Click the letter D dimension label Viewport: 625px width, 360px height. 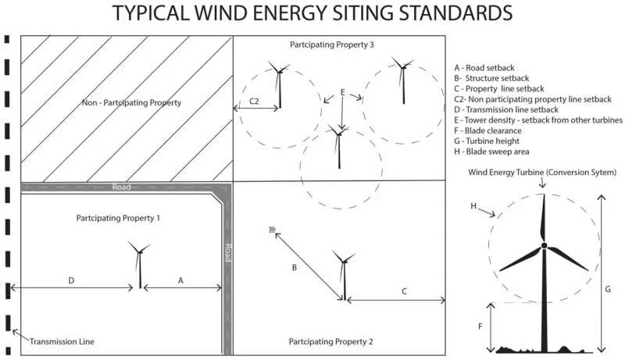coord(71,279)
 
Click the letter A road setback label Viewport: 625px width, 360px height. coord(181,279)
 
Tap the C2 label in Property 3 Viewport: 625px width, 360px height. coord(254,102)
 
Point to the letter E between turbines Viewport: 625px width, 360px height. coord(342,92)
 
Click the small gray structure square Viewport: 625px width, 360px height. coord(272,230)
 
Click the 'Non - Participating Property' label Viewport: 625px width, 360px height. coord(131,102)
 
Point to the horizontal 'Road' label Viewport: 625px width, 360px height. coord(121,187)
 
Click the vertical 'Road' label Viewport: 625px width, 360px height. coord(227,252)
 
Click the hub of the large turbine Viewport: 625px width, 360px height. coord(543,246)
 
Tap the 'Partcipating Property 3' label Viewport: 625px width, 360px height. coord(332,45)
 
